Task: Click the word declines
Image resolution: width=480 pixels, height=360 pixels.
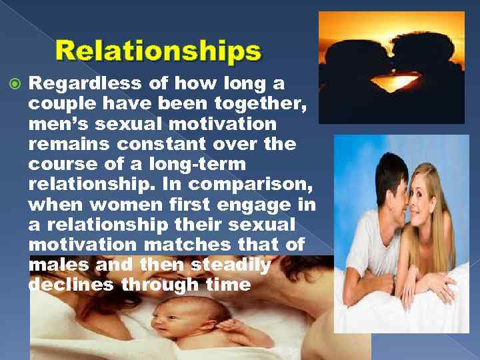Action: tap(69, 285)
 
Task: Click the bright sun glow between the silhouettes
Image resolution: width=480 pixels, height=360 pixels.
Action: tap(391, 83)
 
